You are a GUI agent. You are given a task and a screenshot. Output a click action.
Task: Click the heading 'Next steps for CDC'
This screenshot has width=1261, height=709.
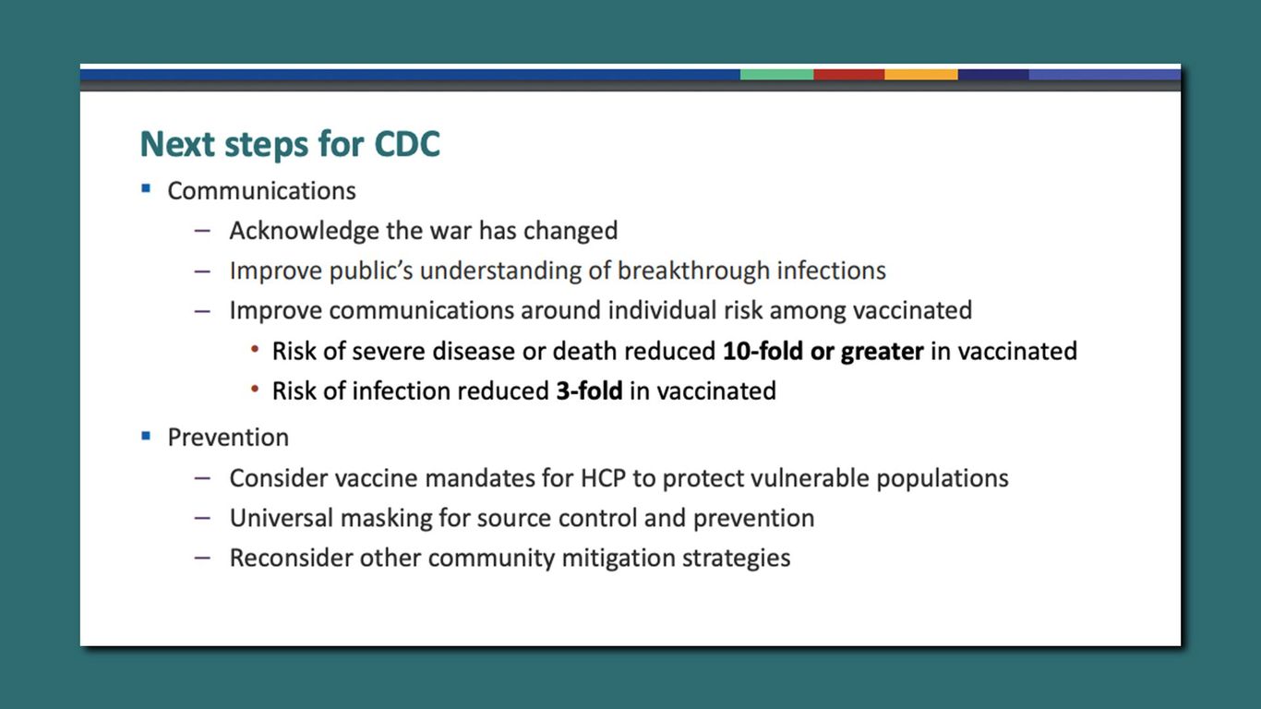click(290, 145)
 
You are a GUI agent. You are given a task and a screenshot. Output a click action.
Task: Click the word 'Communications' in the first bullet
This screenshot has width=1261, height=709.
click(261, 191)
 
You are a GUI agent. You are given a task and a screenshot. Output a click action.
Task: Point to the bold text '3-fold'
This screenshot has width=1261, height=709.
click(589, 391)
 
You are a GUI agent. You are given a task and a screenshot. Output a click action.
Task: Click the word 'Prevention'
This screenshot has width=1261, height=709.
click(228, 437)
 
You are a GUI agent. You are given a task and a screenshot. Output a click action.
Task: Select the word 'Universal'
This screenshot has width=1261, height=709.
click(282, 518)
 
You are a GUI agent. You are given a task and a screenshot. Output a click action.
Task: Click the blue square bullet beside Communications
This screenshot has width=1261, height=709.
click(146, 188)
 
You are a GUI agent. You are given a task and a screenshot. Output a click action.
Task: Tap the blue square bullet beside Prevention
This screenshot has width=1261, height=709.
click(146, 434)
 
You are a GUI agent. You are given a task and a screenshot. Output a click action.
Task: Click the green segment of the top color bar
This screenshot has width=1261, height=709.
click(775, 74)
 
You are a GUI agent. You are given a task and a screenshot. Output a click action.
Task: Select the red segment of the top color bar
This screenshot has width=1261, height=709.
click(848, 74)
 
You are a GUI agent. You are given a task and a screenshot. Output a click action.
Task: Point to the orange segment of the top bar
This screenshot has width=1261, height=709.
click(920, 74)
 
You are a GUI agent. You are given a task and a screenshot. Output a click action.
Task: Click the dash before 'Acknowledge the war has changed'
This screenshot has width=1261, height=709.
click(202, 231)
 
